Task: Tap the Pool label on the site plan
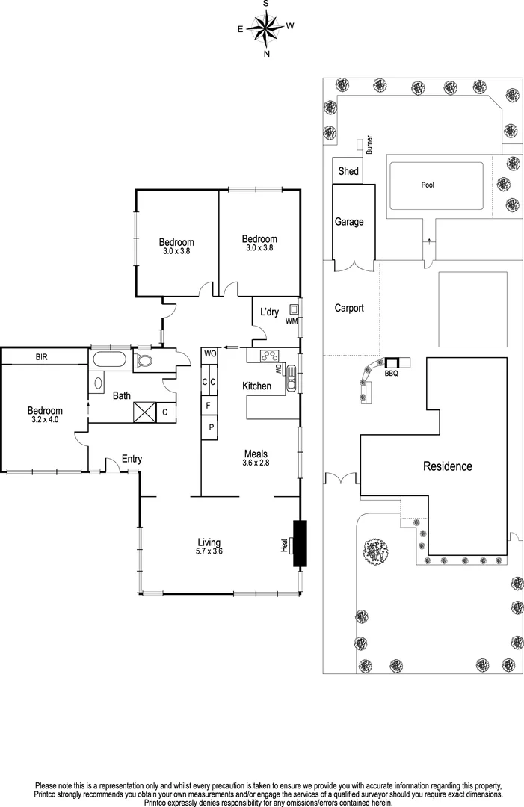(x=427, y=185)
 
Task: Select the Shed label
(x=348, y=171)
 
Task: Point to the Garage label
(x=349, y=222)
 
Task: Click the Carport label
(x=349, y=307)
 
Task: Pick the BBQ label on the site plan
(x=391, y=373)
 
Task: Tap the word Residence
(x=448, y=466)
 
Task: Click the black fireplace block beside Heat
(x=300, y=544)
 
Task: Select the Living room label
(x=209, y=542)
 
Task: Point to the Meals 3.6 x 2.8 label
(x=256, y=458)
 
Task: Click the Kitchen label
(x=256, y=386)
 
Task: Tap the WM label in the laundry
(x=291, y=321)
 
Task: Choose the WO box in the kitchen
(x=209, y=353)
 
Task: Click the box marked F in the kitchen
(x=209, y=406)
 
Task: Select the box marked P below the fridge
(x=210, y=427)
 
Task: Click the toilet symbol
(x=146, y=362)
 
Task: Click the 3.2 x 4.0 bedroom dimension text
(x=45, y=420)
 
